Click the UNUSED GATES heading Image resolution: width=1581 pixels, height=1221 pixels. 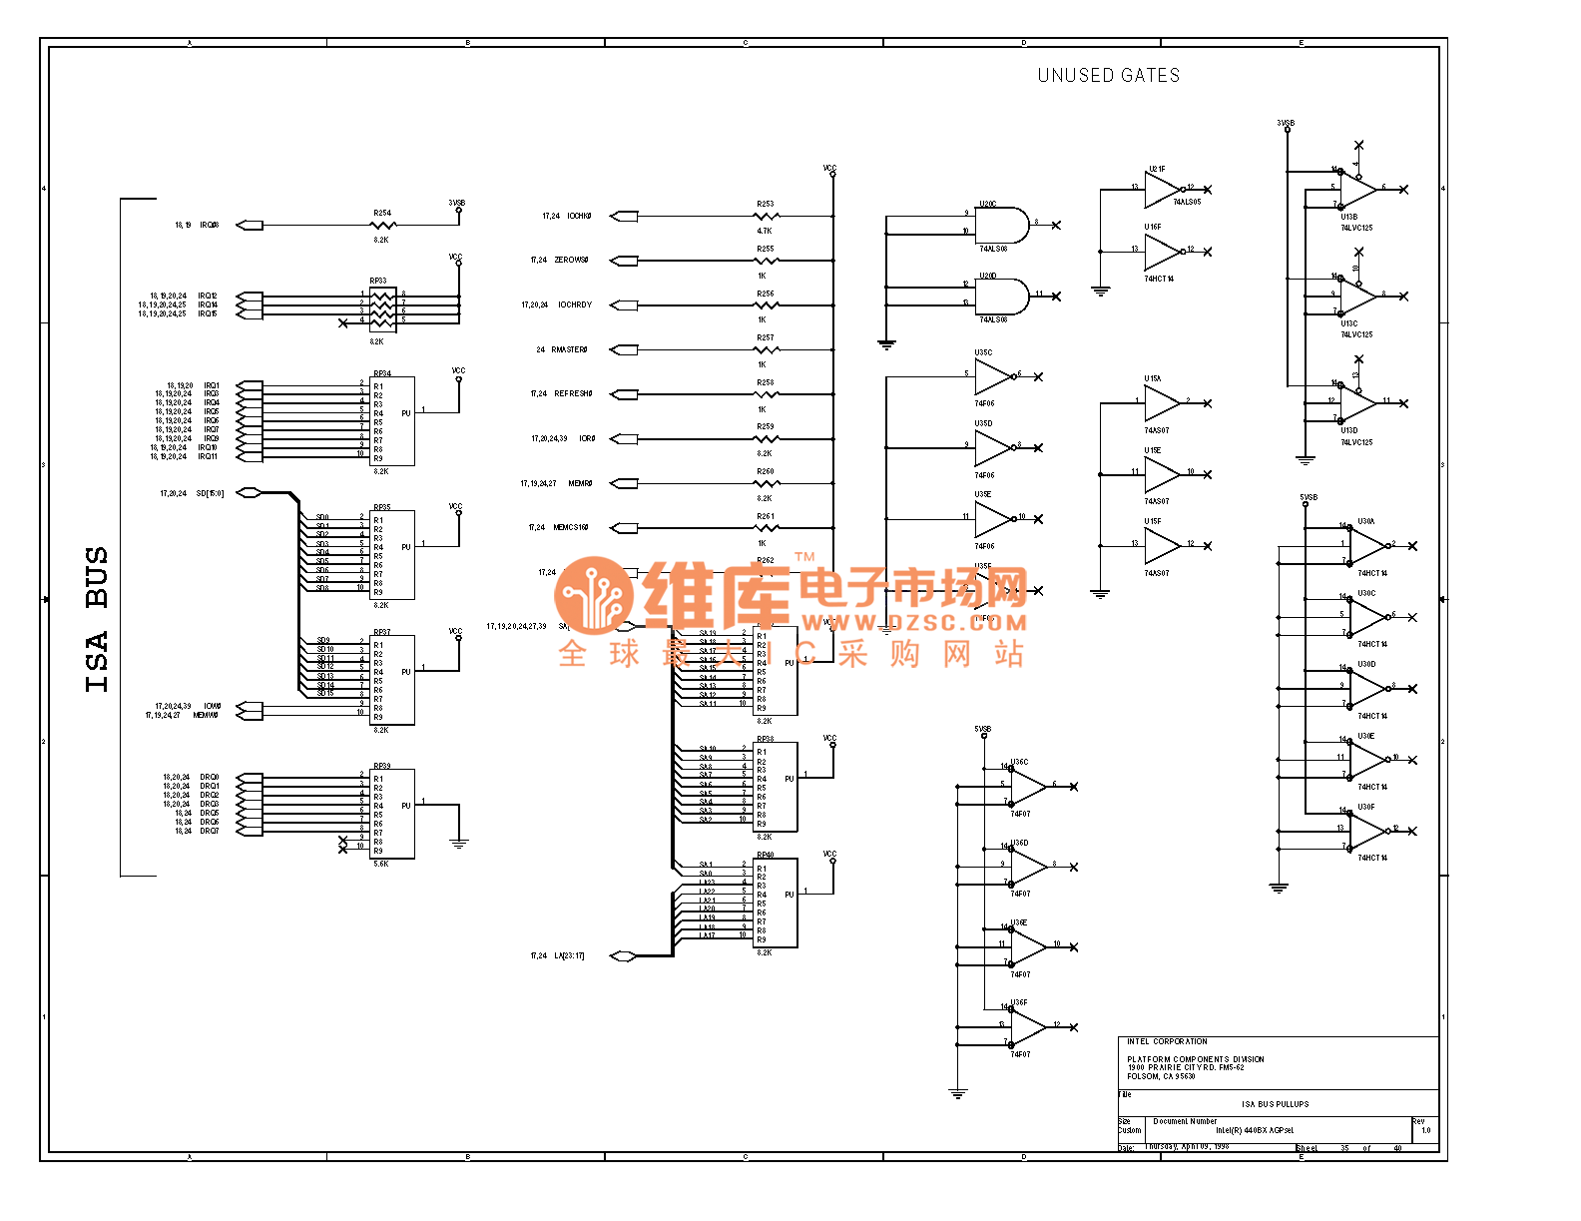1108,76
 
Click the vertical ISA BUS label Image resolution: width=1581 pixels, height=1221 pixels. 97,619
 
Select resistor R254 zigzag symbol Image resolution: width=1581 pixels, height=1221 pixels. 382,226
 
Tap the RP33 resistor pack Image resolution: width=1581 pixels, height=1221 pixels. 382,308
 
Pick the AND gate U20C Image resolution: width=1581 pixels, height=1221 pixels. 1001,225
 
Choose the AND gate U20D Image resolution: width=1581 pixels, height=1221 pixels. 1001,296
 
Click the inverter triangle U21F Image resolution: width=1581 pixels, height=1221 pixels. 1162,189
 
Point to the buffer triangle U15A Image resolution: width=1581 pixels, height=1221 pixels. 1161,402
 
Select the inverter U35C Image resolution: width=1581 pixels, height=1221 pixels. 992,376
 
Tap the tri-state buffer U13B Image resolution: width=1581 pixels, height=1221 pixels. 1357,189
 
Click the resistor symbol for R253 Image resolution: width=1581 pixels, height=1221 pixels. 766,216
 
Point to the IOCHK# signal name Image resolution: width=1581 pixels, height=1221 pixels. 579,216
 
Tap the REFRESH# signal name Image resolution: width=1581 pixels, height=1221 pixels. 573,393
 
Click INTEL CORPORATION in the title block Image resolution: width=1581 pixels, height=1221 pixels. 1167,1041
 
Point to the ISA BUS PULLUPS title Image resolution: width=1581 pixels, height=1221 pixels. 1275,1104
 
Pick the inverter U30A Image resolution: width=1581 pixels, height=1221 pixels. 1367,546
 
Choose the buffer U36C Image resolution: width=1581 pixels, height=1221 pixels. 1028,787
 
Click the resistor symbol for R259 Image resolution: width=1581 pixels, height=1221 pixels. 766,438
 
